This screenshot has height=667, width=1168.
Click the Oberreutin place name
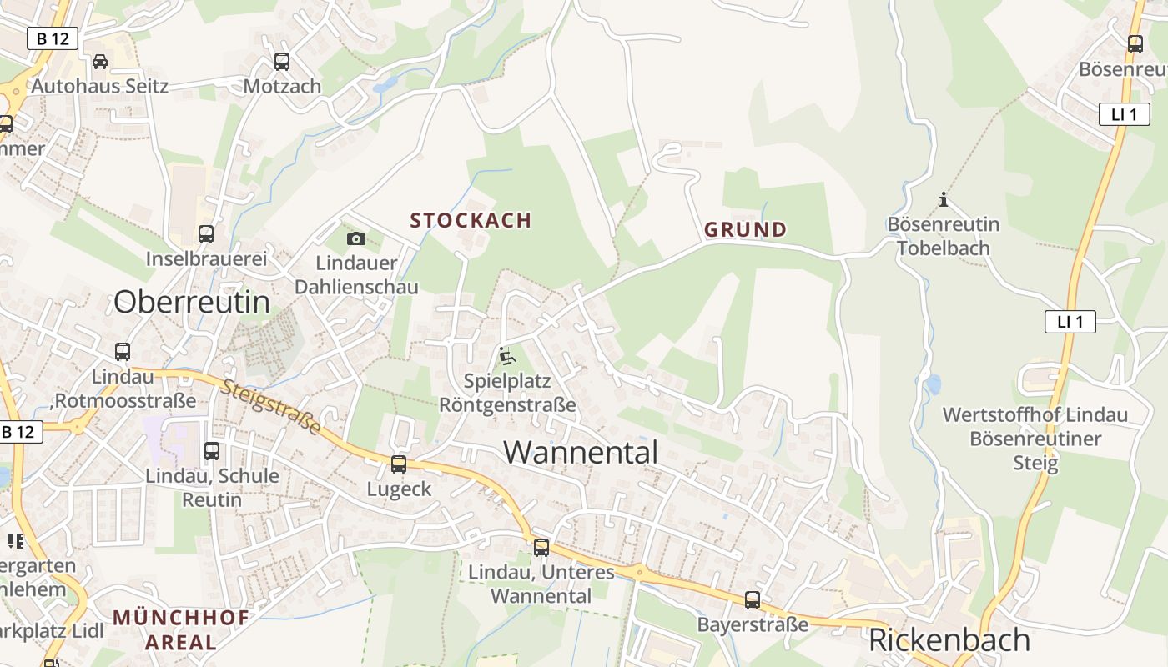(x=192, y=302)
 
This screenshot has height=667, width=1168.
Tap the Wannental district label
(x=581, y=452)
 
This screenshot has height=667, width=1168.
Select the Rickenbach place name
(x=949, y=640)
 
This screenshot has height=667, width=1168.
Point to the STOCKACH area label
(x=471, y=220)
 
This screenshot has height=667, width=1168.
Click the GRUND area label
(x=745, y=229)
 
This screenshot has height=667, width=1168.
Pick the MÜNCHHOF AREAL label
(x=180, y=629)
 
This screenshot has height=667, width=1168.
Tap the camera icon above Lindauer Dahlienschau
(x=356, y=239)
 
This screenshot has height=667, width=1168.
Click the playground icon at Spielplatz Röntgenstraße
(x=506, y=356)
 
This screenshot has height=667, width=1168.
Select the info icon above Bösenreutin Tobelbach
(x=944, y=199)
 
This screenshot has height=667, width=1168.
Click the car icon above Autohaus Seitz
(x=100, y=61)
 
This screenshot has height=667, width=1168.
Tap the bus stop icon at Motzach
(x=282, y=61)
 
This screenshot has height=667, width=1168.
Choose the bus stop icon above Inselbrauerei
(x=206, y=234)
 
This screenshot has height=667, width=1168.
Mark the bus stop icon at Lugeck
(x=399, y=464)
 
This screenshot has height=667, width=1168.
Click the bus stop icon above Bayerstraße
(x=753, y=599)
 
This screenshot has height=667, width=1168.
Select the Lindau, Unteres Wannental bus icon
(x=541, y=548)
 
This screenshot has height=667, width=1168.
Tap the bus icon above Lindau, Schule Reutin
(x=212, y=451)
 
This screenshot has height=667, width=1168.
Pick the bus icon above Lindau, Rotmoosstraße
(x=123, y=352)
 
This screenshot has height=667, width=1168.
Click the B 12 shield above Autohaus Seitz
(x=53, y=38)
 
